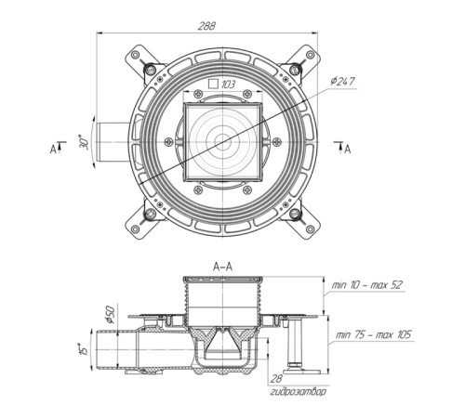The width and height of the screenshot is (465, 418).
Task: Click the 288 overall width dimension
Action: point(206,26)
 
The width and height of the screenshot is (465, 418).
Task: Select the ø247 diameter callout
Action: point(342,82)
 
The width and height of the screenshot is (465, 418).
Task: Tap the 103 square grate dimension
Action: point(228,85)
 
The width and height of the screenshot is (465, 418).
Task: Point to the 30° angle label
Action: point(84,142)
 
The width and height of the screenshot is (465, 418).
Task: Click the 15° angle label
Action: point(84,349)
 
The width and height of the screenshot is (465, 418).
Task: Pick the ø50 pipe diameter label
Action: point(110,314)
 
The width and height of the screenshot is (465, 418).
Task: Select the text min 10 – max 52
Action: point(366,285)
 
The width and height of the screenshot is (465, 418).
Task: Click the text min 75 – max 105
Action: point(373,334)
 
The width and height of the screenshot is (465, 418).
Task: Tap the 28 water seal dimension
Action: point(276,379)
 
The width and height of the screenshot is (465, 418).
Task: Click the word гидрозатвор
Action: point(299,392)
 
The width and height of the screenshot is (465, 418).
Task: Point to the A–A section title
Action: point(222,267)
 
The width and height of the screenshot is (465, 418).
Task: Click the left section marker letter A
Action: point(53,150)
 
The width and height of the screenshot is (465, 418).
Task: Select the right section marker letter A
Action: point(348,150)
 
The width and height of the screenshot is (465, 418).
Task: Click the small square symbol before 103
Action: point(213,84)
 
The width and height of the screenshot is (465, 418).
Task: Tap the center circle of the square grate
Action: point(222,142)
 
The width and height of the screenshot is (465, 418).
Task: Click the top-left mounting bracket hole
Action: point(135,55)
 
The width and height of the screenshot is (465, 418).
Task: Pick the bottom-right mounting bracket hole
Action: point(310,229)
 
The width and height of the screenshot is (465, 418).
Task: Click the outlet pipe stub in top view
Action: point(113,142)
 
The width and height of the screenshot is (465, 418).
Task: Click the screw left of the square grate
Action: point(168,141)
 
